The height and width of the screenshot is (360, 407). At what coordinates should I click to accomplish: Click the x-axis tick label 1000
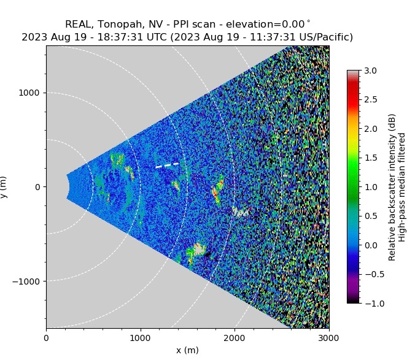(x=141, y=337)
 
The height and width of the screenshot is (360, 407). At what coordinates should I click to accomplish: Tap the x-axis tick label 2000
(x=235, y=337)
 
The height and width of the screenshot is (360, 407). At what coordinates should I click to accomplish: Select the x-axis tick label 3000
(x=329, y=337)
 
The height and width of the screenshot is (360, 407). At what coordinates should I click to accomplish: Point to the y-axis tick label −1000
(x=26, y=281)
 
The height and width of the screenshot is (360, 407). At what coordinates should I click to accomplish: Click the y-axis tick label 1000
(x=29, y=93)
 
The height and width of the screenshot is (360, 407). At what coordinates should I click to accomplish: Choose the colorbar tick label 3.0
(x=371, y=71)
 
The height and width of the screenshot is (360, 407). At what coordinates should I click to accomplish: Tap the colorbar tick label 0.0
(x=371, y=245)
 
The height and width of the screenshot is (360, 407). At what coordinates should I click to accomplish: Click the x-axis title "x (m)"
(x=187, y=350)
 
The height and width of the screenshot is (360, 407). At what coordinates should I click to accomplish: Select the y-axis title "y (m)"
(x=5, y=186)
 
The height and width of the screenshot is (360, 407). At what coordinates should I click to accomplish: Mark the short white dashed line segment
(x=167, y=165)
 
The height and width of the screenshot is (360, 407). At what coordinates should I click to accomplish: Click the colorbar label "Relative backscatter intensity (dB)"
(x=392, y=186)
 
